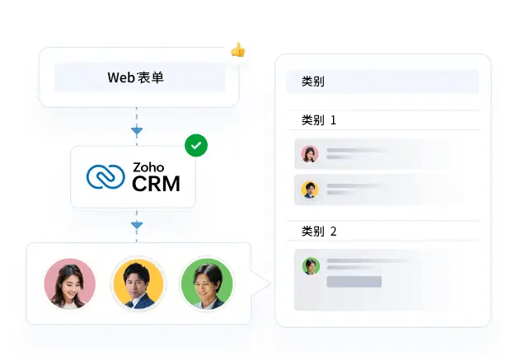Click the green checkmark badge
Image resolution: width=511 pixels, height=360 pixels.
(196, 146)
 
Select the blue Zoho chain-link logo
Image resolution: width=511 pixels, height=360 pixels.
(105, 177)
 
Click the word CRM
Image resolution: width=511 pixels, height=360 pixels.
(156, 184)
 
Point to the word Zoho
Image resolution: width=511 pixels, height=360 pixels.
(148, 167)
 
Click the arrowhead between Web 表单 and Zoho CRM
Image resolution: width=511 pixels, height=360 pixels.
(137, 130)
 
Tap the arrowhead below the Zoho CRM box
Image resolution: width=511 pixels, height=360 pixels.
(137, 224)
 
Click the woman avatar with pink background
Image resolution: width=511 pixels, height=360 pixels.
(69, 284)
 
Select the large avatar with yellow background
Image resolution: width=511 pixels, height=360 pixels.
(138, 284)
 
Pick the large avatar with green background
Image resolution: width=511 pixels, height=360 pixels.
(207, 284)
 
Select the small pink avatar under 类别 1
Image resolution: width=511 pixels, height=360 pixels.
(310, 154)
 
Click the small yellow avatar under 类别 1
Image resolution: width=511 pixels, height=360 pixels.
(310, 189)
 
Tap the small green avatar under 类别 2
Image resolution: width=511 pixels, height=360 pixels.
(311, 265)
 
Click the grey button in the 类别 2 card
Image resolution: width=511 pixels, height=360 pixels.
(354, 282)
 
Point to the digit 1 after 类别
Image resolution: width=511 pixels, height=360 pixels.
(333, 120)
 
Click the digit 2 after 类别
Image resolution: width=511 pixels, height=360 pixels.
(333, 231)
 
